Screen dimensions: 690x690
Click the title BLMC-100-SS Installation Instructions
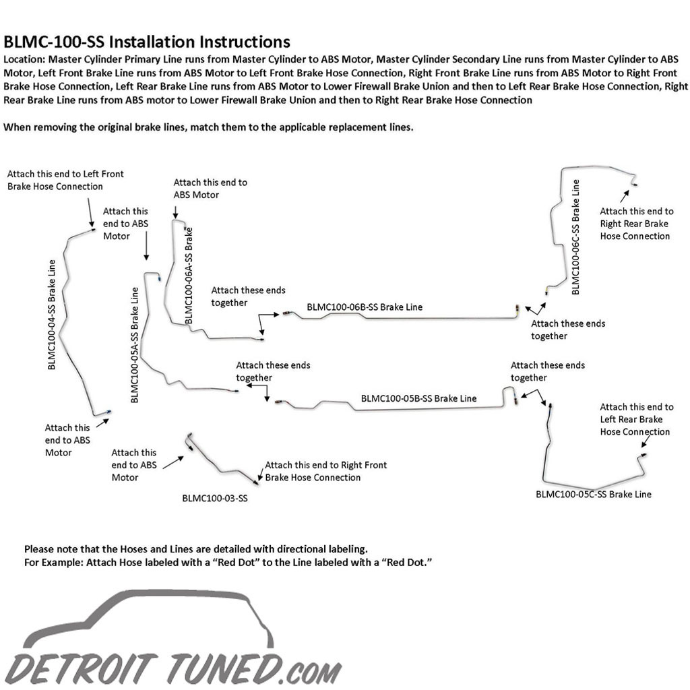147,42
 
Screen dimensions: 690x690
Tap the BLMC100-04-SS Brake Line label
52,315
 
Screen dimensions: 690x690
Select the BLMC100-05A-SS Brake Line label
135,345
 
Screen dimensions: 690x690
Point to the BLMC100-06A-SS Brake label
189,276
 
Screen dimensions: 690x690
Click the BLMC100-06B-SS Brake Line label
365,307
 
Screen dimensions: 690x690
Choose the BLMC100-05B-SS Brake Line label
418,398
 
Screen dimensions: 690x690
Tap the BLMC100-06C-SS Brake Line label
575,237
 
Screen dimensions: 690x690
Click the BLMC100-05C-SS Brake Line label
593,494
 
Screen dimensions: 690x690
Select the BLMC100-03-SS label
215,498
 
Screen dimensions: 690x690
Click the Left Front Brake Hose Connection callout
65,180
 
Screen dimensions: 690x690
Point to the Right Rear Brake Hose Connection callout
637,224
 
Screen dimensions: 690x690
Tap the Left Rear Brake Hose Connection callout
637,419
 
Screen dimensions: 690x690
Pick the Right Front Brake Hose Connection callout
325,471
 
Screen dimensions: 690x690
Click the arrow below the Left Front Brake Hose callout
90,212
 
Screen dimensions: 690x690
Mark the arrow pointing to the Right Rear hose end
625,196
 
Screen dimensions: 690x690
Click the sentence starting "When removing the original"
209,127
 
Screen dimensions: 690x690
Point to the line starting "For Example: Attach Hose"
228,563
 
